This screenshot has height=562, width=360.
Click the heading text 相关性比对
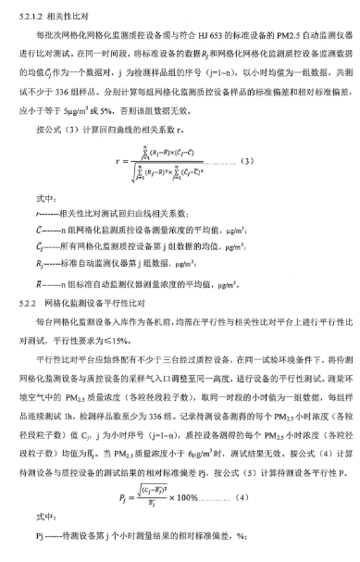click(75, 15)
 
